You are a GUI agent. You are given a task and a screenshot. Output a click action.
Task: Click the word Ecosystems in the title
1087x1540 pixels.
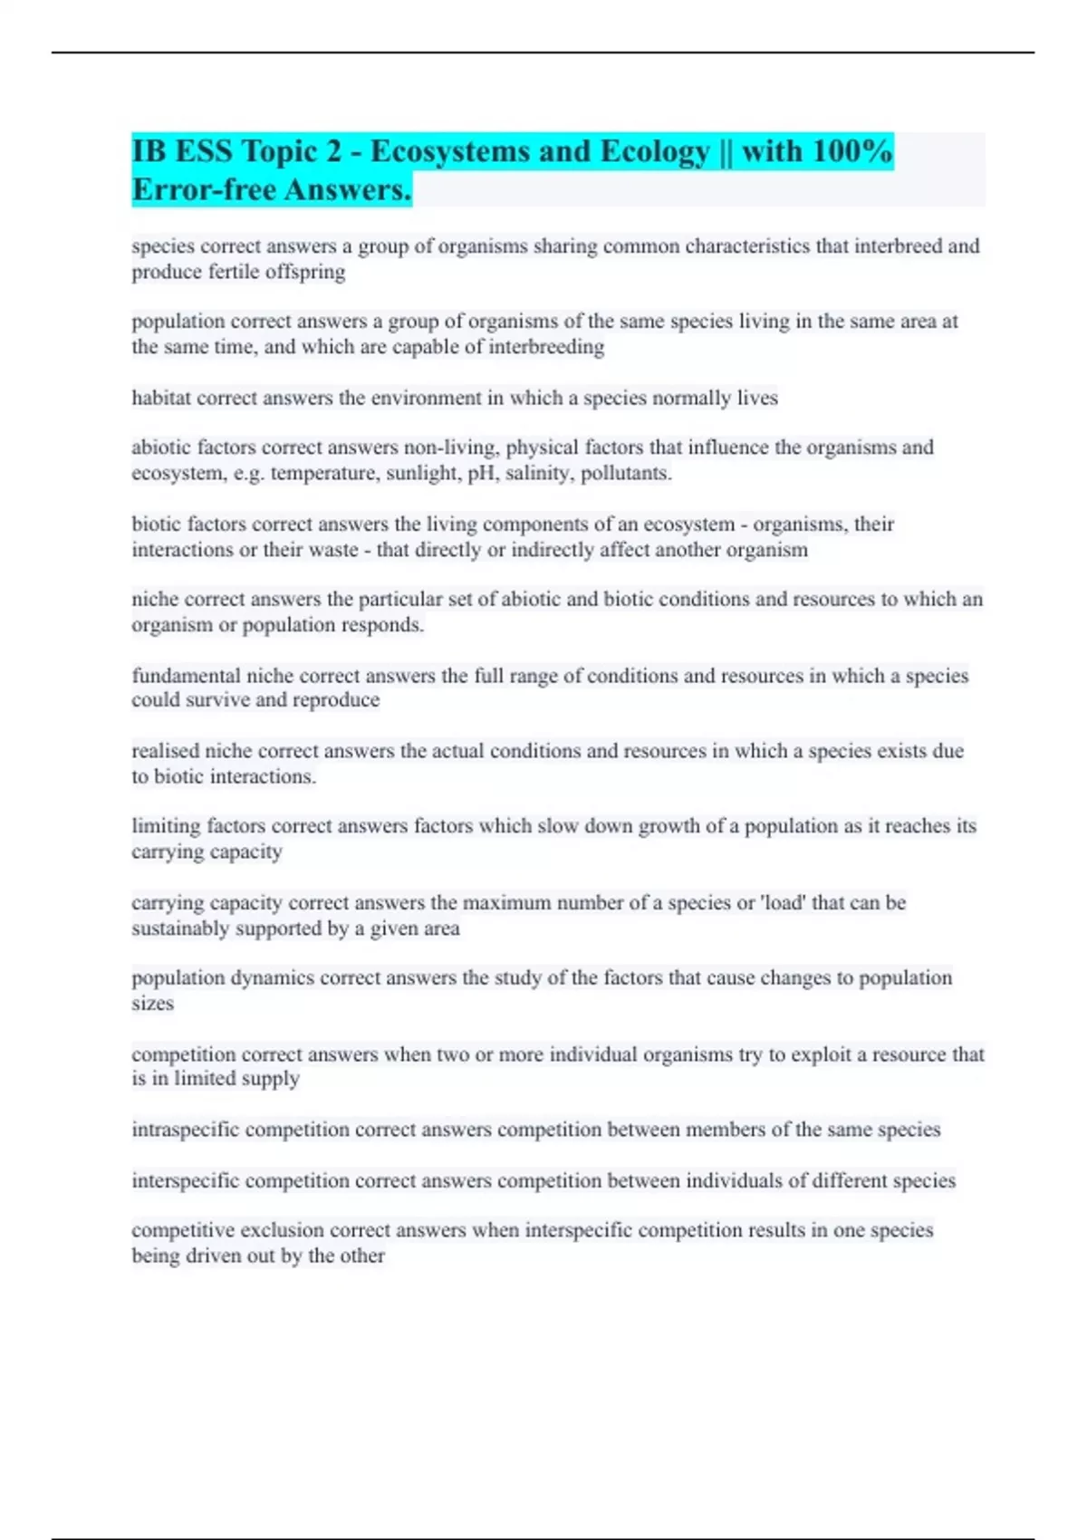click(447, 151)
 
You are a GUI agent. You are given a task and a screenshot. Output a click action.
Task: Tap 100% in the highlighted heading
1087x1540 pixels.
click(851, 151)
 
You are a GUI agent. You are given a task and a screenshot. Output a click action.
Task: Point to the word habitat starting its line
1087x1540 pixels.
click(161, 398)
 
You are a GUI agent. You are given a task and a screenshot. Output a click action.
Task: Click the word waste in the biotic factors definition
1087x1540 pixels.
click(332, 550)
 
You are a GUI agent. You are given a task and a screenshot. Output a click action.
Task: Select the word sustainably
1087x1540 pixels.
click(180, 929)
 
